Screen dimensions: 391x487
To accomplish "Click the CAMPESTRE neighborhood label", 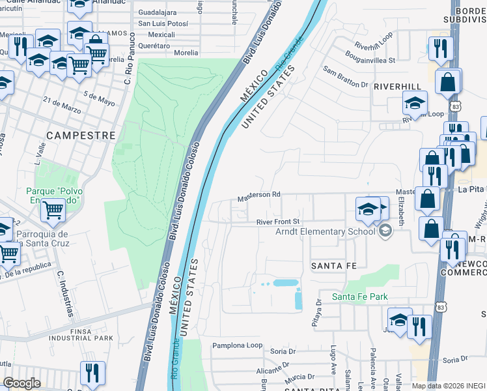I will [81, 136].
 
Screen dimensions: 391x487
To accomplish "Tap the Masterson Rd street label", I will [258, 195].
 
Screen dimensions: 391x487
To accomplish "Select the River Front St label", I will [277, 222].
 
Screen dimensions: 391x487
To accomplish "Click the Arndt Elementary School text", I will [326, 231].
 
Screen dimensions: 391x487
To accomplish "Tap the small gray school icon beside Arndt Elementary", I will [386, 231].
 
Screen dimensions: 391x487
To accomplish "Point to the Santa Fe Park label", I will [360, 297].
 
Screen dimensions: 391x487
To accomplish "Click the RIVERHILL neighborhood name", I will [397, 86].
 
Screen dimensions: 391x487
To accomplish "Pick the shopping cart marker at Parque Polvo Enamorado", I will [53, 210].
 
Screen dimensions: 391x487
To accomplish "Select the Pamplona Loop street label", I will [238, 345].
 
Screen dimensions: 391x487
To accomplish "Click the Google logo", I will [21, 383].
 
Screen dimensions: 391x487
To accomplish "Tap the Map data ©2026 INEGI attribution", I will [448, 386].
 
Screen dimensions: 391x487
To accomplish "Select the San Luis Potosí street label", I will [163, 23].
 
